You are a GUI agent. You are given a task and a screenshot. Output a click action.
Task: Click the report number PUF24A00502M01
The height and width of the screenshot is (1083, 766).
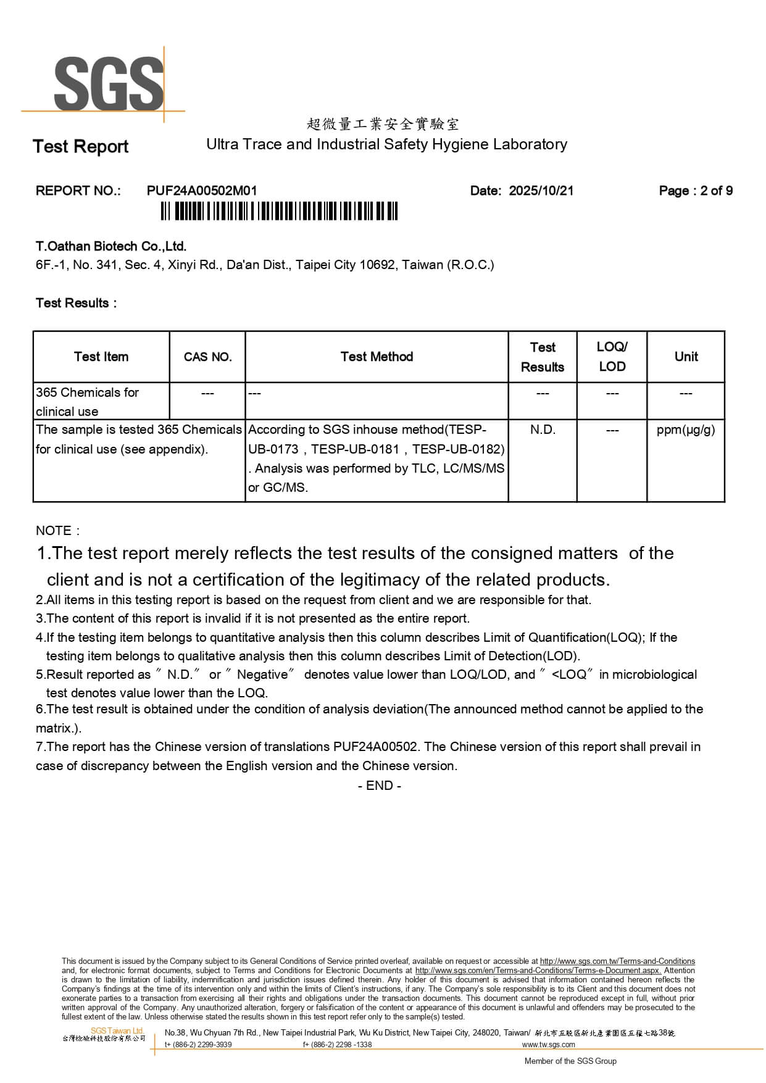pyautogui.click(x=201, y=191)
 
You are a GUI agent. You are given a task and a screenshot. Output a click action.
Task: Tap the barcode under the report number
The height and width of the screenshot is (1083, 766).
pyautogui.click(x=279, y=211)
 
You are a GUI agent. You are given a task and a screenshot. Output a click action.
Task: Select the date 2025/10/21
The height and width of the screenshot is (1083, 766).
pyautogui.click(x=541, y=191)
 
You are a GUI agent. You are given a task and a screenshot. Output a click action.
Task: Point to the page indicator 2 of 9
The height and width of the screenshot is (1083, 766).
pyautogui.click(x=716, y=191)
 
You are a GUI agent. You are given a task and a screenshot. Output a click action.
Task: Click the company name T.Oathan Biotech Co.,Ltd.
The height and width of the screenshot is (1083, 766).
pyautogui.click(x=111, y=246)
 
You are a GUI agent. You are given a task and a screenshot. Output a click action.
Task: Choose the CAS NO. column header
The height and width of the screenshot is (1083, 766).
pyautogui.click(x=207, y=357)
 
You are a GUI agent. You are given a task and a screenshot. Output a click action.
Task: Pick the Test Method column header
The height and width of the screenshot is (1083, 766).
pyautogui.click(x=377, y=357)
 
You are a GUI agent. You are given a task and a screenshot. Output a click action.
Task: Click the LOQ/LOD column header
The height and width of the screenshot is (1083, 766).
pyautogui.click(x=612, y=357)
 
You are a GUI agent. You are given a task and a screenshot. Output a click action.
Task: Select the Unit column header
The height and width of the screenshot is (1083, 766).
pyautogui.click(x=686, y=357)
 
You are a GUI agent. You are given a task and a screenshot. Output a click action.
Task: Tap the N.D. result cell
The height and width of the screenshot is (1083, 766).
pyautogui.click(x=543, y=429)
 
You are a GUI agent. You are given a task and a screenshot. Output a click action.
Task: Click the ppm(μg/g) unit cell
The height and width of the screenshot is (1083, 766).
pyautogui.click(x=686, y=429)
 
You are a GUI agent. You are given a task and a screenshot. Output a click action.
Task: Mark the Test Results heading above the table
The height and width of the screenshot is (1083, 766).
pyautogui.click(x=75, y=303)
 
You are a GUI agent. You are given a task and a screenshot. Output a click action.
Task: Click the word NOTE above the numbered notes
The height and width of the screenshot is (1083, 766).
pyautogui.click(x=54, y=531)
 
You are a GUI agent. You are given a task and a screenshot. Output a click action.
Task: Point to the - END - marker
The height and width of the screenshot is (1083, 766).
pyautogui.click(x=380, y=786)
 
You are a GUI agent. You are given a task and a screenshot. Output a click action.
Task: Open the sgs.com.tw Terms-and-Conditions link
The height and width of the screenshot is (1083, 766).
pyautogui.click(x=617, y=961)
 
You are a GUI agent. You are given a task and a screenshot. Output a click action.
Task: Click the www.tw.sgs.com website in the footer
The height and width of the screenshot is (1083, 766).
pyautogui.click(x=548, y=1045)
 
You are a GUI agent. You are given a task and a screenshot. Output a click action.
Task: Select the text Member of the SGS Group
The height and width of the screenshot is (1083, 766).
pyautogui.click(x=570, y=1061)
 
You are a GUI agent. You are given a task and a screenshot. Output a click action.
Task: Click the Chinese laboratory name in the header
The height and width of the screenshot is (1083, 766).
pyautogui.click(x=383, y=124)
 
